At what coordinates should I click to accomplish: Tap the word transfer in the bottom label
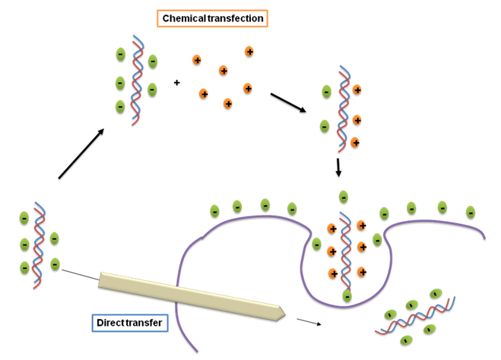(x=147, y=323)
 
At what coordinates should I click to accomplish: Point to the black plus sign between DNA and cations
(x=177, y=82)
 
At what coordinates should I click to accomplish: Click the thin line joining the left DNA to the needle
(x=79, y=274)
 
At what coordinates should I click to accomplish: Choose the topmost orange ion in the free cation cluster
(x=249, y=52)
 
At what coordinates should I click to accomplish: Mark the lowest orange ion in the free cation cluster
(x=228, y=103)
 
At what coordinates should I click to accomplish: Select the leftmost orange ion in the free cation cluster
(x=197, y=59)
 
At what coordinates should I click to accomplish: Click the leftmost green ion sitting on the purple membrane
(x=214, y=210)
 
